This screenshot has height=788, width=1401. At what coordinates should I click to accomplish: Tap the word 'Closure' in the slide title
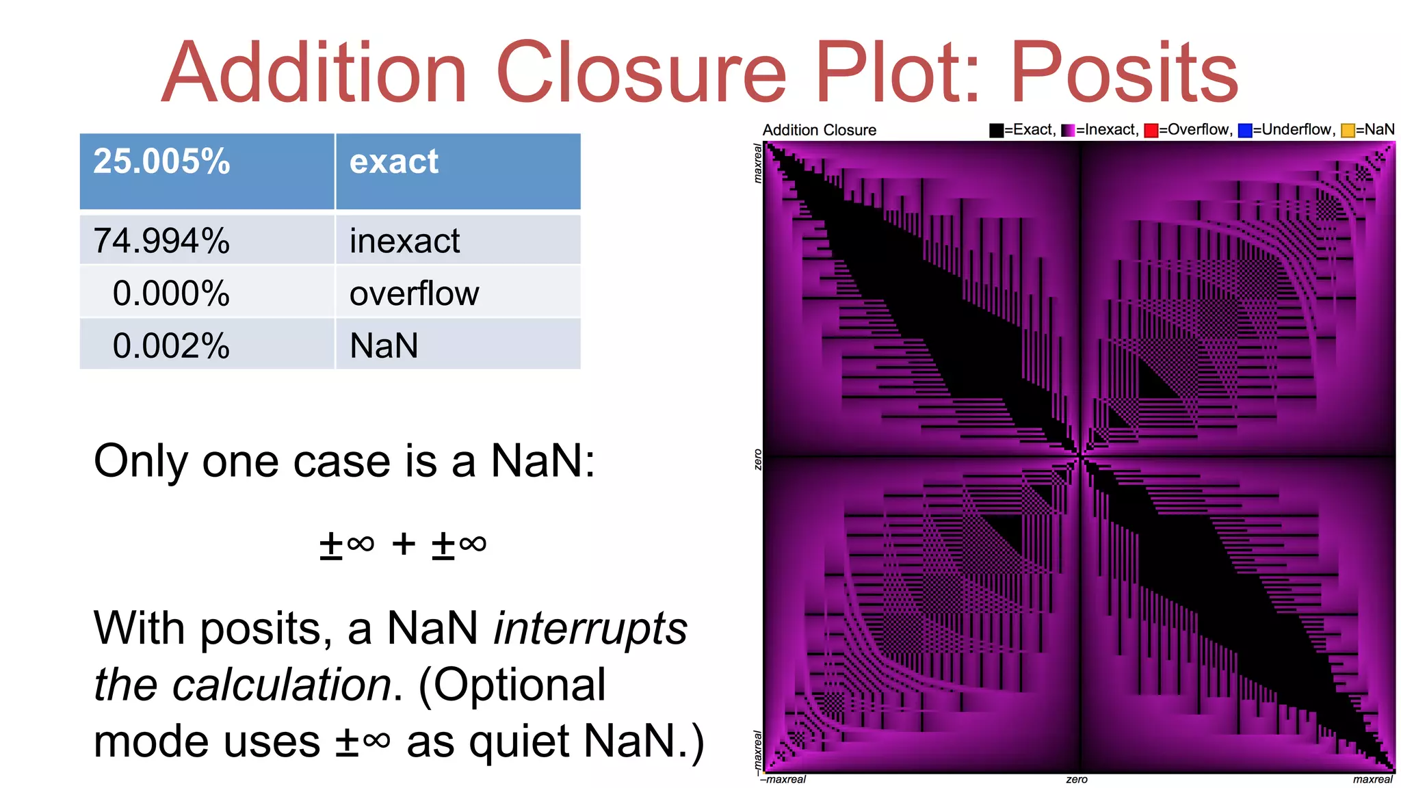(641, 73)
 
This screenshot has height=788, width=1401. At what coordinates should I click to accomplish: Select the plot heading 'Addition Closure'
(819, 130)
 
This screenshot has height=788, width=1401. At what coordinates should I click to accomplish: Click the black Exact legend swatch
(996, 130)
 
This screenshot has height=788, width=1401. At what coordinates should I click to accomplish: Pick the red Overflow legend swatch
(1151, 130)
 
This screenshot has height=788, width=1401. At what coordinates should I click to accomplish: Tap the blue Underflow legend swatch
(1245, 130)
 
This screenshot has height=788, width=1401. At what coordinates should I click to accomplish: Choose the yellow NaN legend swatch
(1348, 130)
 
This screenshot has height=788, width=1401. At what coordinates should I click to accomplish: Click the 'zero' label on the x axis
(1077, 780)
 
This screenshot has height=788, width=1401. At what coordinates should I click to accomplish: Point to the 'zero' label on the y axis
(757, 459)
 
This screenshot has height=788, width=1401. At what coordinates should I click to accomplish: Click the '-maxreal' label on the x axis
(783, 780)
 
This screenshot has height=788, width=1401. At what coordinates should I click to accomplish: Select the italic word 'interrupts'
(590, 628)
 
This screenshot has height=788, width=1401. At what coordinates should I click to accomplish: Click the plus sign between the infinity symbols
(404, 544)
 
